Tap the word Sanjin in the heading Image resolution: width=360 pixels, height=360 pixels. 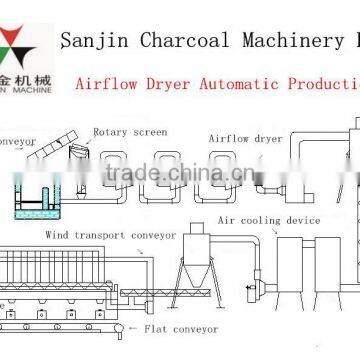pyautogui.click(x=90, y=40)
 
